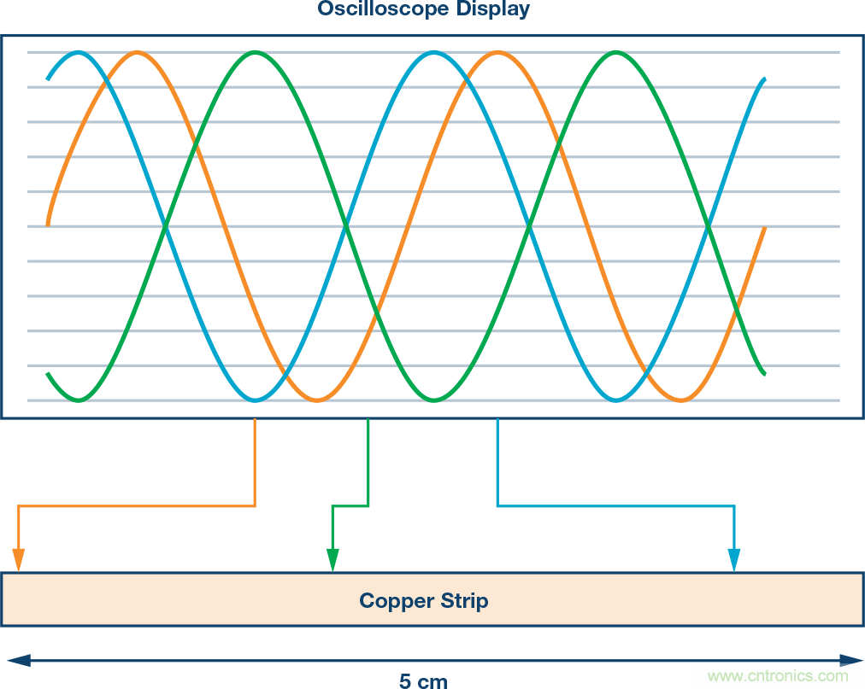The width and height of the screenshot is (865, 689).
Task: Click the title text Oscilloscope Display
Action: pyautogui.click(x=423, y=9)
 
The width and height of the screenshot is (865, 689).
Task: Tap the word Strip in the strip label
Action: pyautogui.click(x=463, y=600)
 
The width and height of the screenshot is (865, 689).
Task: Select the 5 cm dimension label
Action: pyautogui.click(x=423, y=680)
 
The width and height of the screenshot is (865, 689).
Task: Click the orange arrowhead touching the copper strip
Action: pyautogui.click(x=19, y=560)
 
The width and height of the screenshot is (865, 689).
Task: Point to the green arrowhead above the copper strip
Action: pyautogui.click(x=333, y=560)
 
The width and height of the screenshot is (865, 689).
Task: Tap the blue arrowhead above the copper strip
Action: pyautogui.click(x=734, y=560)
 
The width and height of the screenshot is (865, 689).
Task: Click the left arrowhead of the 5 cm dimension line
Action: pyautogui.click(x=15, y=660)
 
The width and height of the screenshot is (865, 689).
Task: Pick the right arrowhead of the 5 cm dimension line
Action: pyautogui.click(x=850, y=660)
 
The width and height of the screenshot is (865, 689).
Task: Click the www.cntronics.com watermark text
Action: pyautogui.click(x=778, y=676)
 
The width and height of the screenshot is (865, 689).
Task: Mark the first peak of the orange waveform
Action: pyautogui.click(x=136, y=53)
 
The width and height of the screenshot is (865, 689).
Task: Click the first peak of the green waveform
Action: pyautogui.click(x=255, y=53)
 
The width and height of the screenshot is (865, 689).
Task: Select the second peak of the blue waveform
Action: pyautogui.click(x=435, y=53)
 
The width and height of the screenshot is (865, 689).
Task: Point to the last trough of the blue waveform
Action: pyautogui.click(x=615, y=400)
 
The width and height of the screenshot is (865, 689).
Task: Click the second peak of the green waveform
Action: pyautogui.click(x=615, y=53)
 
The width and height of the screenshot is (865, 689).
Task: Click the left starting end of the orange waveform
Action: pyautogui.click(x=49, y=224)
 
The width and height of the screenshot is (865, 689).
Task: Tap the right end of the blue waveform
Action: pyautogui.click(x=763, y=79)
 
